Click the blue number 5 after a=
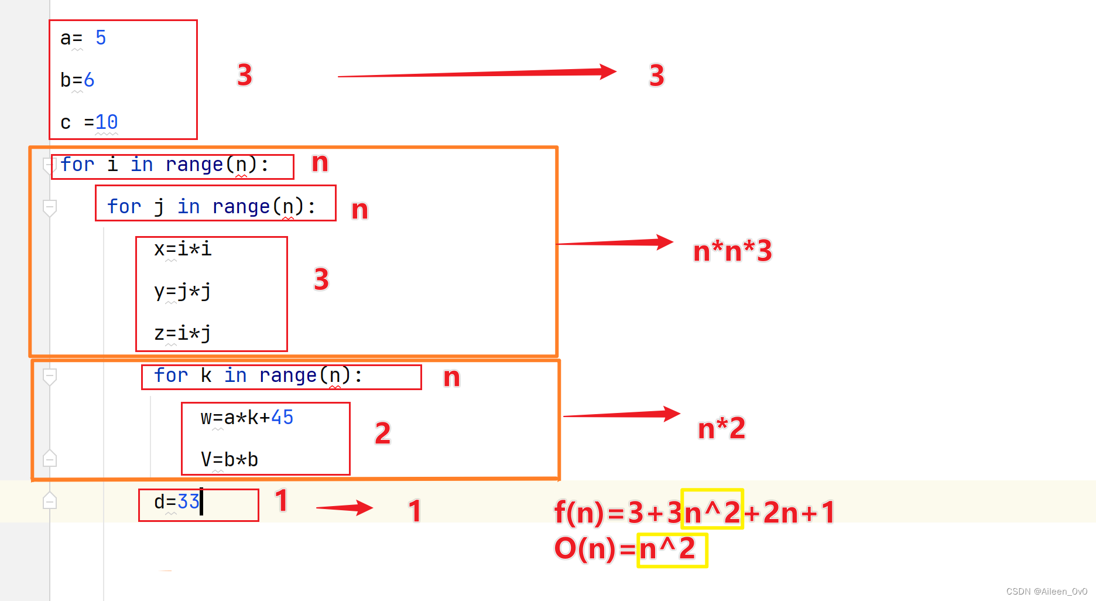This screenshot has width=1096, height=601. pyautogui.click(x=101, y=38)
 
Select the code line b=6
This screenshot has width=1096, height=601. pyautogui.click(x=77, y=80)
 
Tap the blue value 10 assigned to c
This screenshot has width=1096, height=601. pyautogui.click(x=107, y=122)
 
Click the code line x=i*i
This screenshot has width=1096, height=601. pyautogui.click(x=182, y=249)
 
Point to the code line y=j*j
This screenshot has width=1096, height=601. pyautogui.click(x=182, y=291)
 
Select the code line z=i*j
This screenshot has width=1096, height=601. pyautogui.click(x=182, y=333)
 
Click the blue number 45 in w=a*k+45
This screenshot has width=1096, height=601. pyautogui.click(x=282, y=418)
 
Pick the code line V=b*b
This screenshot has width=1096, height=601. pyautogui.click(x=230, y=460)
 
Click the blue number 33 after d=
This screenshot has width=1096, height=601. pyautogui.click(x=189, y=502)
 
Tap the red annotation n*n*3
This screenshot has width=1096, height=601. pyautogui.click(x=732, y=251)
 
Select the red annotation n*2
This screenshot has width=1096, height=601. pyautogui.click(x=721, y=428)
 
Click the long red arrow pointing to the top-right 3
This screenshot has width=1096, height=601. pyautogui.click(x=477, y=73)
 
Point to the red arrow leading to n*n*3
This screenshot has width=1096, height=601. pyautogui.click(x=615, y=243)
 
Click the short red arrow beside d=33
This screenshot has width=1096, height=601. pyautogui.click(x=344, y=507)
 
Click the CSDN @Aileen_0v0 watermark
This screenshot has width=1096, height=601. pyautogui.click(x=1046, y=592)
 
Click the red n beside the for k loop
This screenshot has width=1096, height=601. pyautogui.click(x=451, y=378)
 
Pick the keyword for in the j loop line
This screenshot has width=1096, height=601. pyautogui.click(x=124, y=207)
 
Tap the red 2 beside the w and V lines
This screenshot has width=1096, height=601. pyautogui.click(x=382, y=433)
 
